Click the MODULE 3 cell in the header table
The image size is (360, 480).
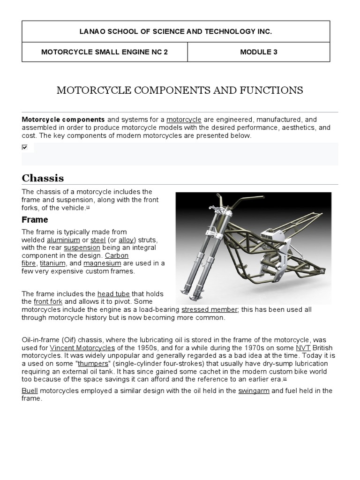point(258,52)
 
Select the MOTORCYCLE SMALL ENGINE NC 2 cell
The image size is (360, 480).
point(105,52)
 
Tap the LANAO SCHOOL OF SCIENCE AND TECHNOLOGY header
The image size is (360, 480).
point(176,31)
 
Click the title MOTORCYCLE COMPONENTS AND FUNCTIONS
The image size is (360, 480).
point(180,90)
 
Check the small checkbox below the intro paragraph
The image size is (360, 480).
point(25,147)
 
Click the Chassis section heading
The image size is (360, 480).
point(43,178)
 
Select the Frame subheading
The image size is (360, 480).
point(35,219)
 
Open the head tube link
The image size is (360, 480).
point(113,294)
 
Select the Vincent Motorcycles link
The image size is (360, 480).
point(82,348)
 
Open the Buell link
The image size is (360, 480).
point(30,390)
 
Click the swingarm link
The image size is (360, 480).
point(254,390)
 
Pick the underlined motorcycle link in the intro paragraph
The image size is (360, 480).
point(184,120)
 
